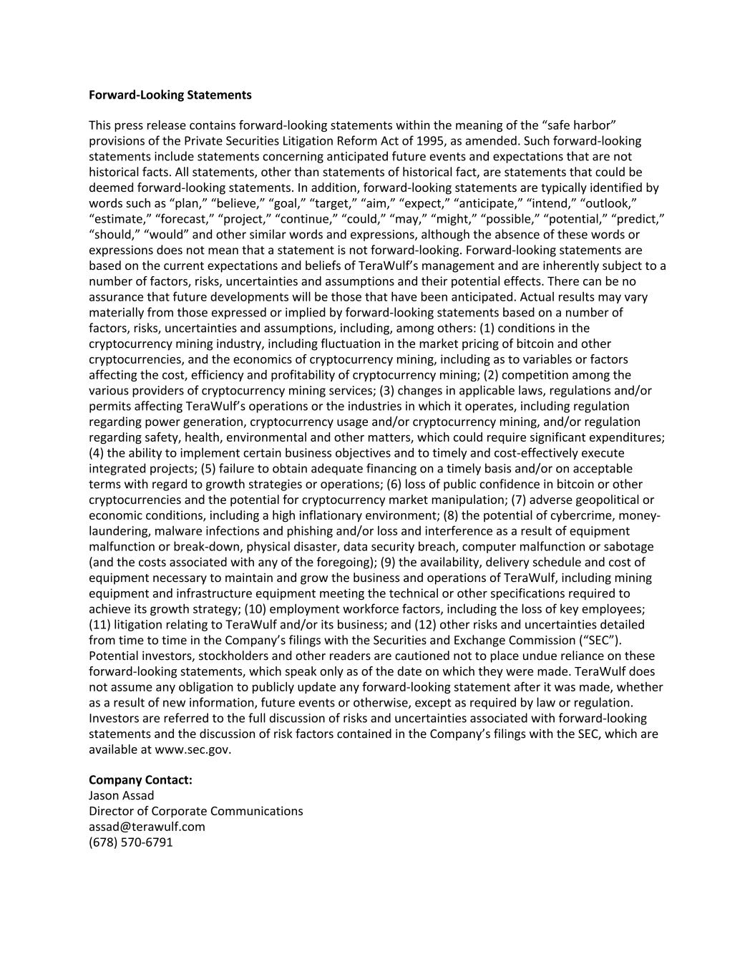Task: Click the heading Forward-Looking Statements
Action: pos(170,94)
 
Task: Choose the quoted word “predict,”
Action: pos(638,219)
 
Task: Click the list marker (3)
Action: pos(386,391)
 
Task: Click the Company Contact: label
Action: pos(140,780)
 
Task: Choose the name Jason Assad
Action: pos(121,796)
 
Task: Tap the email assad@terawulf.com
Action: pos(147,827)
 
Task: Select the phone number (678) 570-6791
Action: pos(131,842)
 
